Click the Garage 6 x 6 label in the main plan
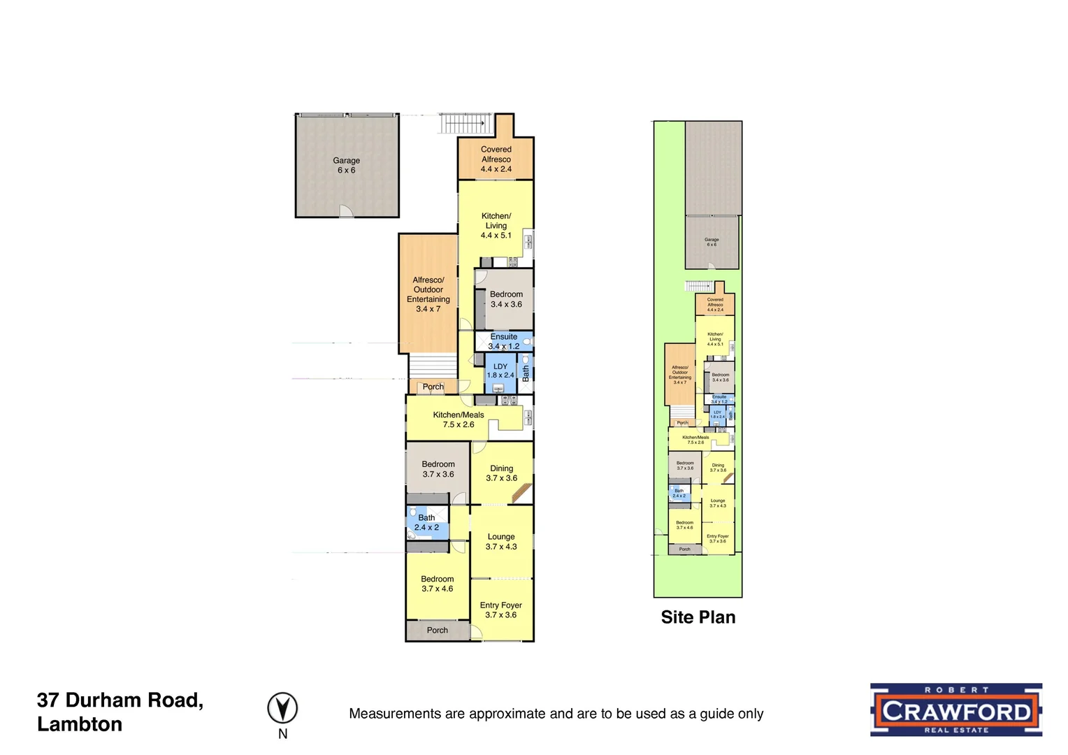pyautogui.click(x=346, y=165)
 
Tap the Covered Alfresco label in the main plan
pyautogui.click(x=496, y=159)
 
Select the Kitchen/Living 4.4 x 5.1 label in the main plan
pyautogui.click(x=496, y=226)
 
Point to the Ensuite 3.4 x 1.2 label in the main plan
pyautogui.click(x=504, y=341)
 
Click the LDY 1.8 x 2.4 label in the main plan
pyautogui.click(x=500, y=371)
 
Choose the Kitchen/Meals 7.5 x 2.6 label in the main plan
pyautogui.click(x=459, y=419)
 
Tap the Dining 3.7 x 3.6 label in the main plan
pyautogui.click(x=502, y=473)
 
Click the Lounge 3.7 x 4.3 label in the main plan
pyautogui.click(x=501, y=542)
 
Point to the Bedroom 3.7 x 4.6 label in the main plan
pyautogui.click(x=438, y=584)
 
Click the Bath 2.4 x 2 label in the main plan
pyautogui.click(x=426, y=523)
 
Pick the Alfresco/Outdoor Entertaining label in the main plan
pyautogui.click(x=428, y=294)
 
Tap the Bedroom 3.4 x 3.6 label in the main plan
pyautogui.click(x=506, y=299)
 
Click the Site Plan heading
pyautogui.click(x=698, y=617)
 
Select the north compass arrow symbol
pyautogui.click(x=282, y=708)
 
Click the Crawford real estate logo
pyautogui.click(x=955, y=710)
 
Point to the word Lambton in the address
pyautogui.click(x=80, y=724)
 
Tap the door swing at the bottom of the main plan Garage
pyautogui.click(x=346, y=211)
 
